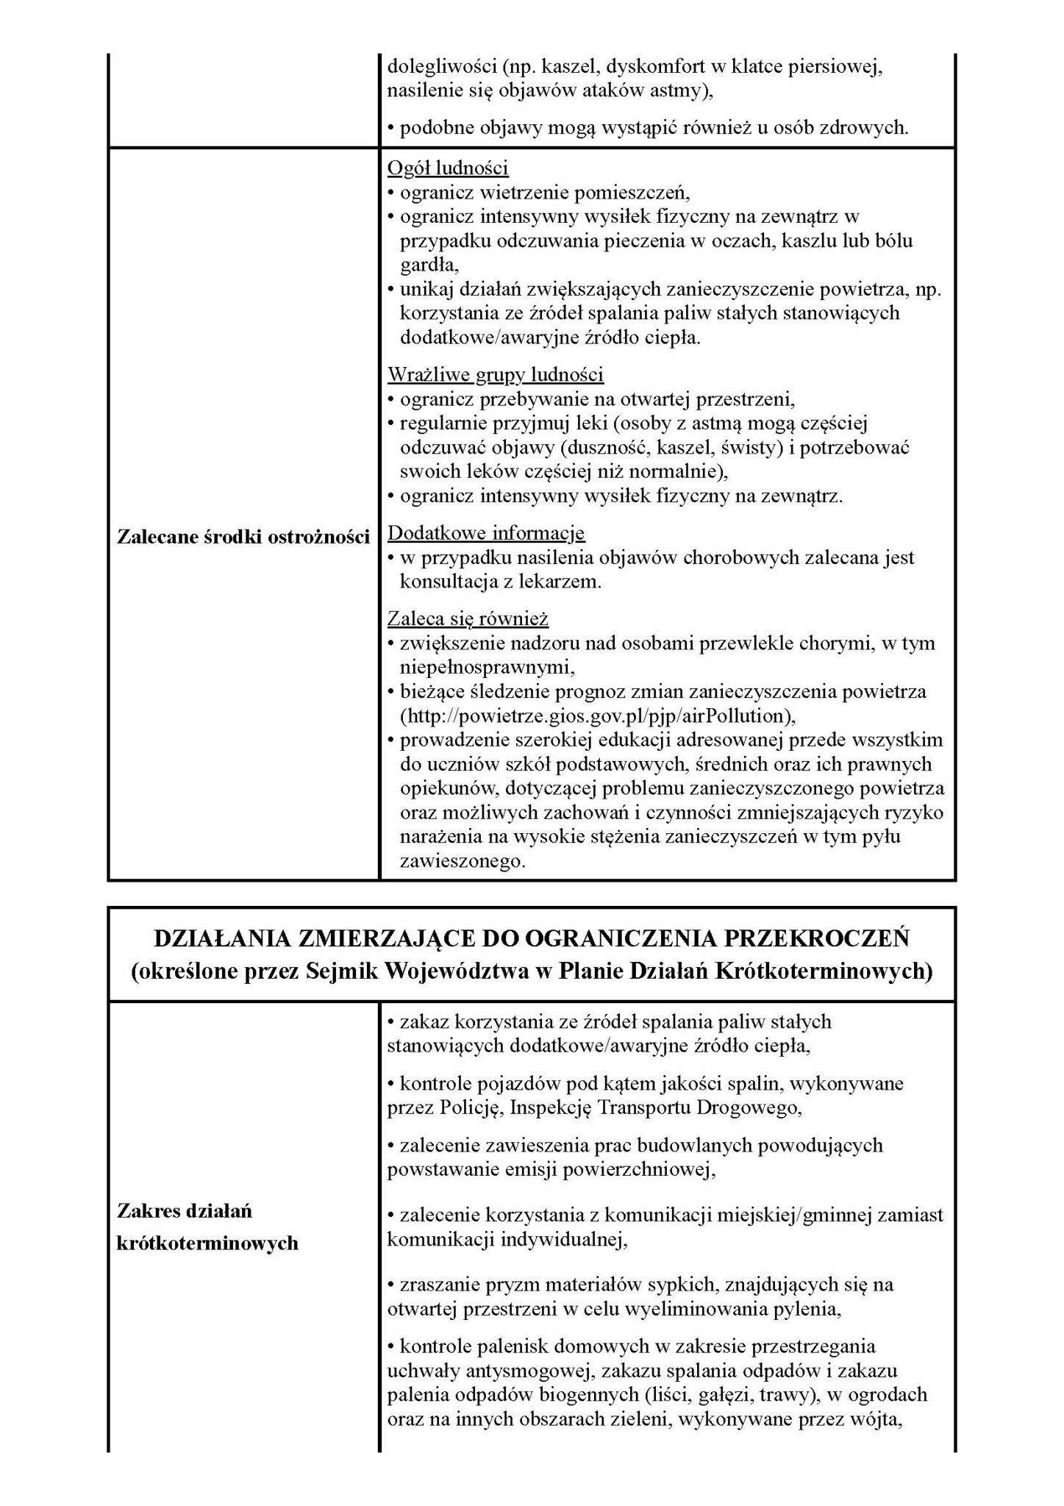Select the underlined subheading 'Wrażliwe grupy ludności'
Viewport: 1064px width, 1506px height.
pos(496,375)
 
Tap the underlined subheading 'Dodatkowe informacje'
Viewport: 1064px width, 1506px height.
pos(486,532)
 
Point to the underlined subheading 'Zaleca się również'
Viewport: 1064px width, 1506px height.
pos(468,618)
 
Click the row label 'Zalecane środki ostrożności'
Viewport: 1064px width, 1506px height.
pos(243,537)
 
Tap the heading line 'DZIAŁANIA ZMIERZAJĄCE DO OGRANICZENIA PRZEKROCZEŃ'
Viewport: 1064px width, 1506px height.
pos(532,939)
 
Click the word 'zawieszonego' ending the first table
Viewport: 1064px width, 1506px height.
pos(463,861)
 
